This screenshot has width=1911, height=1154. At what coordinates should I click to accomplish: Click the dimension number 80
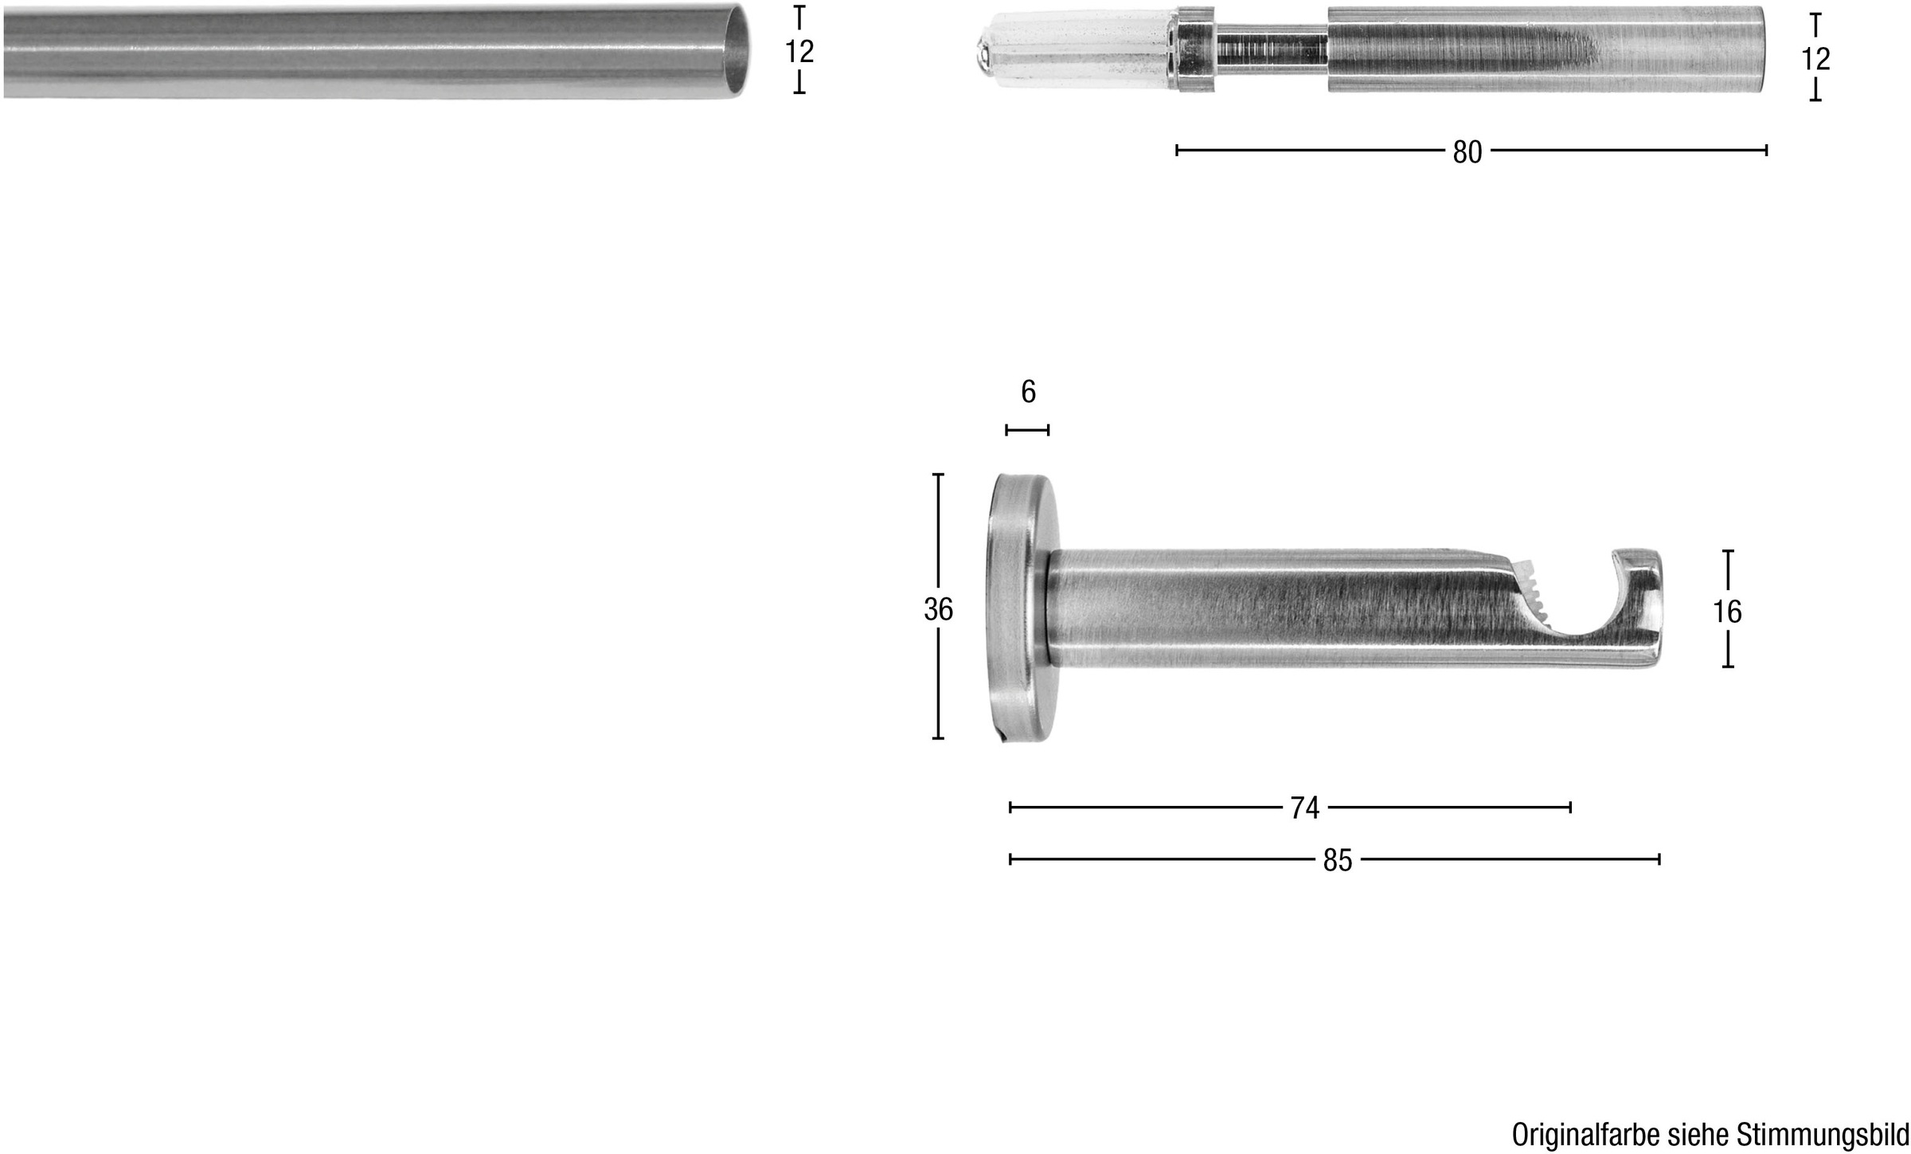1467,151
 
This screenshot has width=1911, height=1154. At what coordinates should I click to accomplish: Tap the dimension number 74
1304,808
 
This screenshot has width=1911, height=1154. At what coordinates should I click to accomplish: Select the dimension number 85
1338,860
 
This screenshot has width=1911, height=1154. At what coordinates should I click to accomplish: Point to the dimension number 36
938,609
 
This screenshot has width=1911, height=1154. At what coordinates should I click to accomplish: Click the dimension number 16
1727,612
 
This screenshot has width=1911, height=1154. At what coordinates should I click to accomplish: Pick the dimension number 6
1028,392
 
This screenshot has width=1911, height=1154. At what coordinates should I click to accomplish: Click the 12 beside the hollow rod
799,52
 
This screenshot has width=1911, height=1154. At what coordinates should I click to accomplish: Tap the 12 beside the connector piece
1815,59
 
